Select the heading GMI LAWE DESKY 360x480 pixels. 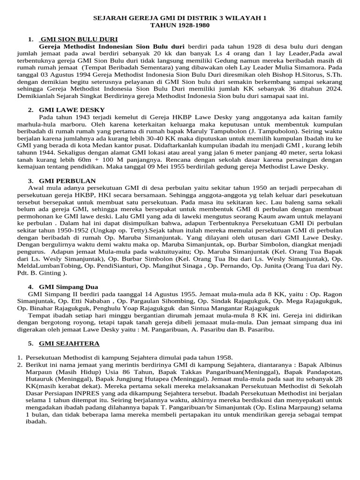tap(72, 109)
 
